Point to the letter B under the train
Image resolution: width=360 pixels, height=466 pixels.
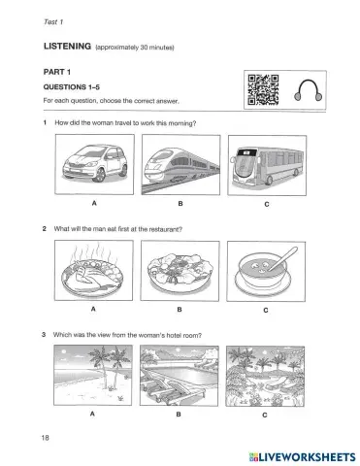pyautogui.click(x=180, y=204)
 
